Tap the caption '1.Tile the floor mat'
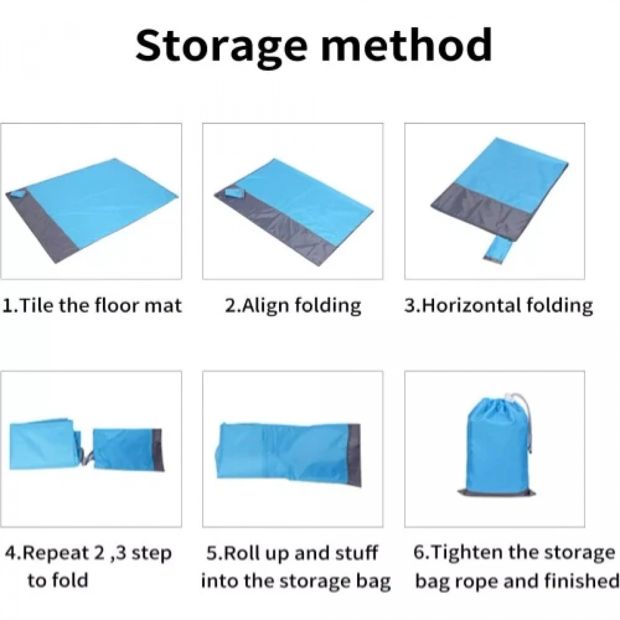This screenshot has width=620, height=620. [92, 305]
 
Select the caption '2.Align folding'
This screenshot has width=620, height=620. [293, 306]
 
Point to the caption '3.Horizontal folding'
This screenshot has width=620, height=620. [499, 306]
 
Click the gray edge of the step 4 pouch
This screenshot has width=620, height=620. [158, 451]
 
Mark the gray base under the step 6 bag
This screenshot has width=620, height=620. [497, 502]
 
